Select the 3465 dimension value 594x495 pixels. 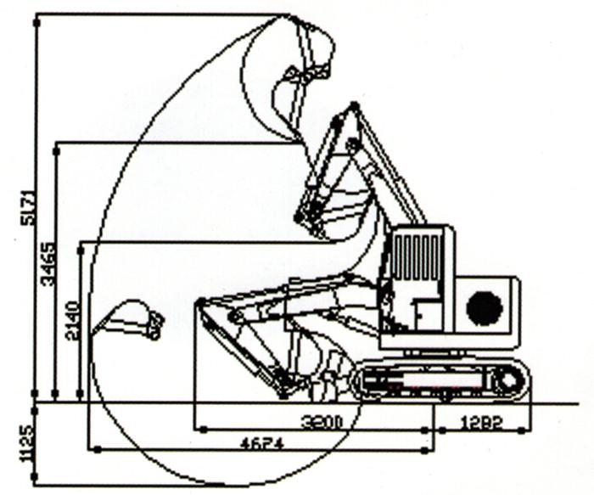49,263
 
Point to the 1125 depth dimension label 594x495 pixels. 25,443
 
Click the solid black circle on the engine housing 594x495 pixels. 485,308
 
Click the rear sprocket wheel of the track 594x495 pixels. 507,380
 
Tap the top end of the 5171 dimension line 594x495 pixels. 36,15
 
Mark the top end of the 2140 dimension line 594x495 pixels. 81,243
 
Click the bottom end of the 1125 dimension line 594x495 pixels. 36,485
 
